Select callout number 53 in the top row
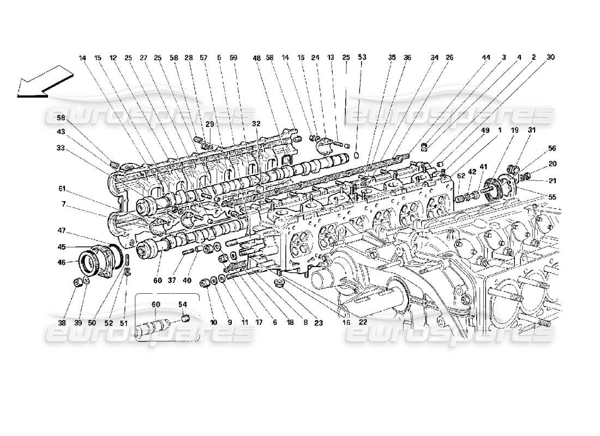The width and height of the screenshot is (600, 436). coord(362,57)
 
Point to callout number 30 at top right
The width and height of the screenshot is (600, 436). coord(550,57)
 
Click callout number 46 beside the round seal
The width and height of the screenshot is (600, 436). coord(61,263)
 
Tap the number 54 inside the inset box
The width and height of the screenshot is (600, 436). coord(183,304)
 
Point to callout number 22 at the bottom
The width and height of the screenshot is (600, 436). coord(364,322)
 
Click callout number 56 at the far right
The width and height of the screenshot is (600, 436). coord(553,148)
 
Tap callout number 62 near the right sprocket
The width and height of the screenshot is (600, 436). coord(461,175)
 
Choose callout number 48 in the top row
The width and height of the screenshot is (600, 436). coord(256,57)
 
